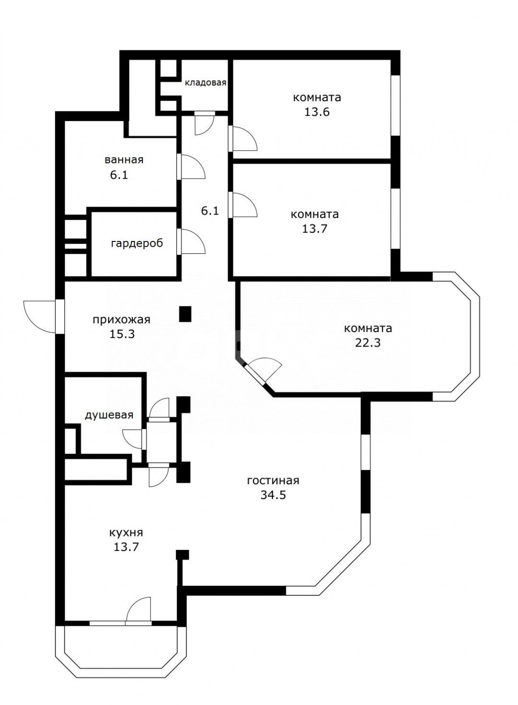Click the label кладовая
(205, 83)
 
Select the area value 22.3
(368, 343)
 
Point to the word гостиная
(273, 480)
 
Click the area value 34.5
(273, 495)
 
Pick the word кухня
(126, 532)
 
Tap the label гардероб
(137, 243)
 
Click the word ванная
(124, 160)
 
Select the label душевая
(109, 415)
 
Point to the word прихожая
(121, 319)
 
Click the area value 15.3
(121, 334)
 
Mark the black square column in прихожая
(185, 314)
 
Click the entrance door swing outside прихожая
(39, 317)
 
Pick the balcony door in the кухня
(139, 610)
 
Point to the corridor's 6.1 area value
(210, 210)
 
